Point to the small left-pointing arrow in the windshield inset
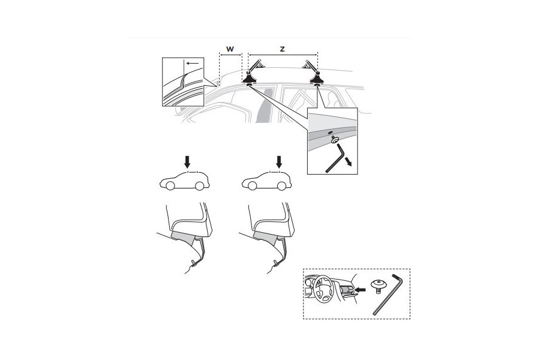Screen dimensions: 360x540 point(191,62)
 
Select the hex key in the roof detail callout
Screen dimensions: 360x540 point(335,160)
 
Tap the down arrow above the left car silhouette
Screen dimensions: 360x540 point(188,161)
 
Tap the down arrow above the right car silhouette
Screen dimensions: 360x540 point(279,161)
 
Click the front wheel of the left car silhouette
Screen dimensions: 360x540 point(170,186)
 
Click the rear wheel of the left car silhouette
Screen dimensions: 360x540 point(199,186)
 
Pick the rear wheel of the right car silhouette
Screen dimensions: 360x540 point(290,186)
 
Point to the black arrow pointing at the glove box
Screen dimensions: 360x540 point(359,290)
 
